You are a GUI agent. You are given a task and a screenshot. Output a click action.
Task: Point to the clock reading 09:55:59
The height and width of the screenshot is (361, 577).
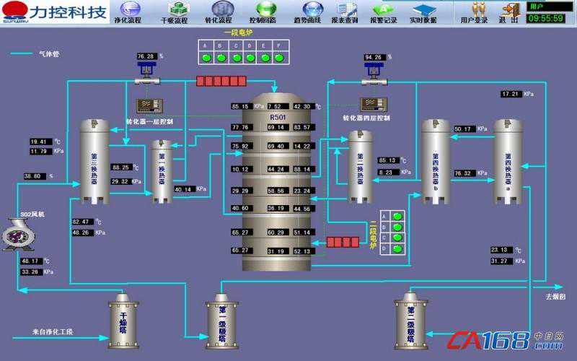point(546,18)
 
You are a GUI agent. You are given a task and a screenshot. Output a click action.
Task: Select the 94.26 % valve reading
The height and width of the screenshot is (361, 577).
point(374,56)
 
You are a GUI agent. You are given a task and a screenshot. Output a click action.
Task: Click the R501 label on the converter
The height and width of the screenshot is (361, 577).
point(278,116)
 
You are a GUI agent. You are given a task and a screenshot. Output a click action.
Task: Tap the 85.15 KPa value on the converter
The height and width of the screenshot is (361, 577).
point(240,107)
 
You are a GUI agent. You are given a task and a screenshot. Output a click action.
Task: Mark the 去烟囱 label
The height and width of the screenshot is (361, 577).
point(554,296)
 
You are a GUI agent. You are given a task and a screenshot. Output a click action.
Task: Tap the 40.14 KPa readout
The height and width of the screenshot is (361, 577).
point(184,190)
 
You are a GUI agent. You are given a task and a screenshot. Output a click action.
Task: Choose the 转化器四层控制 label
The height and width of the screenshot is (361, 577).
point(366,117)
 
